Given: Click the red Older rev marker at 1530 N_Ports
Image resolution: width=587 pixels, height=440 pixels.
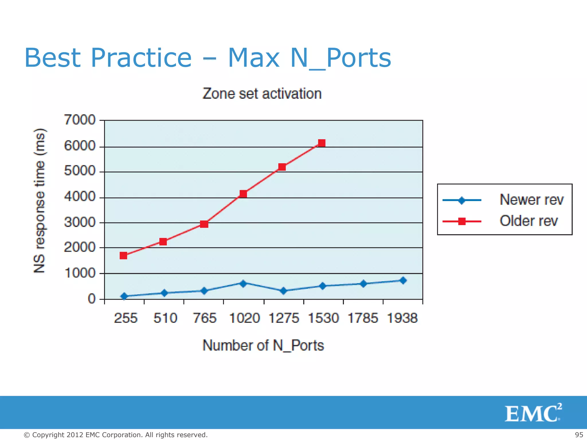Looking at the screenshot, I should point(322,143).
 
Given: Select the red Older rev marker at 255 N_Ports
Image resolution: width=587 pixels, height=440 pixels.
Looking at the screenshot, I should point(123,255).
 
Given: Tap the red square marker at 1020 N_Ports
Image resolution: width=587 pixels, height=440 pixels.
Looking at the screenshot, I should point(243,194).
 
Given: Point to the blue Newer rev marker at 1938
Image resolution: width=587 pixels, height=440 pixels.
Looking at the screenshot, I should point(403,280).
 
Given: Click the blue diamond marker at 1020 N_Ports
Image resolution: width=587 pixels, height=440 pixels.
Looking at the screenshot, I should point(243,284).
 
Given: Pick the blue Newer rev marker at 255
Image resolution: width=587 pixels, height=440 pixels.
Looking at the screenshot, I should point(124,296).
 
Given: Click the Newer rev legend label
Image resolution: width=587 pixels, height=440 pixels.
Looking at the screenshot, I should point(531,200).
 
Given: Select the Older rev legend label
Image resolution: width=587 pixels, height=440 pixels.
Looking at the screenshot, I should point(529,221).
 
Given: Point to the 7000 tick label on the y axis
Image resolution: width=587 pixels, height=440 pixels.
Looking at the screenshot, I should point(79,120).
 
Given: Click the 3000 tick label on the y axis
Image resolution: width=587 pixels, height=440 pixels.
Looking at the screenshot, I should point(79,222).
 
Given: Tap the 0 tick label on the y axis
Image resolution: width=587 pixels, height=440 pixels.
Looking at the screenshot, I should point(91,299).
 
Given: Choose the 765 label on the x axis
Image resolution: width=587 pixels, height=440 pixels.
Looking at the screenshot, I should point(204,318).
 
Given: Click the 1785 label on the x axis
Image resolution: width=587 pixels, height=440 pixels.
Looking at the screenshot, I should point(363,318).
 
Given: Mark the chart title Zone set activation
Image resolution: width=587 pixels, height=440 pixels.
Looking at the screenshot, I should point(262,94).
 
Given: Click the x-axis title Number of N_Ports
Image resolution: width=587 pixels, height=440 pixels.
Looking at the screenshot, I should point(263,345).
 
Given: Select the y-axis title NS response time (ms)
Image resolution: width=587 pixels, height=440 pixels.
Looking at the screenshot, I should point(39,201).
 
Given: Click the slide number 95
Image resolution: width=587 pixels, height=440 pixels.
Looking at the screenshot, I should point(579,435).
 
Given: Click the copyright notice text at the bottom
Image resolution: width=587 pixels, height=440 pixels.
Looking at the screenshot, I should point(116,435).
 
